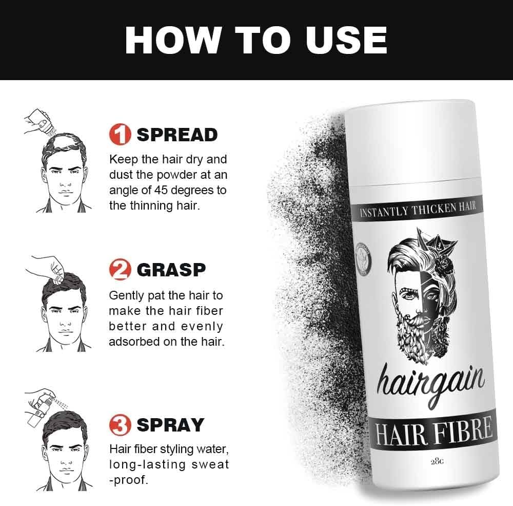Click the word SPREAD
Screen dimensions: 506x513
(177, 135)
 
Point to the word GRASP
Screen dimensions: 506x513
(171, 270)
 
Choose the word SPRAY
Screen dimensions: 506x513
(171, 425)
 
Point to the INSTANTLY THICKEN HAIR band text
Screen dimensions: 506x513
(419, 209)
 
